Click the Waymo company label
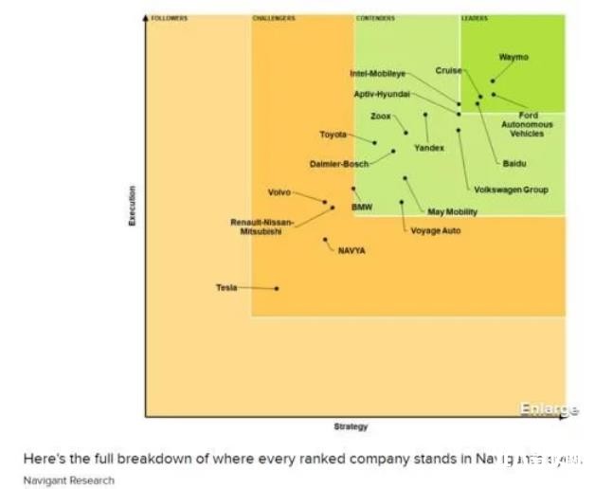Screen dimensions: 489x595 click(x=513, y=58)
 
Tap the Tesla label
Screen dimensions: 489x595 click(x=226, y=287)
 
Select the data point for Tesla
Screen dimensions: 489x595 click(x=277, y=288)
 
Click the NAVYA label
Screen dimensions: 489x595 click(x=352, y=250)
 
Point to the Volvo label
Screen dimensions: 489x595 click(x=279, y=192)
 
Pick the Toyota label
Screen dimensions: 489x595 click(x=334, y=135)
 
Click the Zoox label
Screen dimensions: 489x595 click(x=380, y=116)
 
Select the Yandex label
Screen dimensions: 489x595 click(x=428, y=148)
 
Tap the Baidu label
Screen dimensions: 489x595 click(x=514, y=163)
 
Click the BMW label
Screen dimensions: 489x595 click(x=362, y=207)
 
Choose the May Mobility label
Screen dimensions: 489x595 click(x=452, y=211)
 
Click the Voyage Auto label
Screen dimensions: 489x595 click(x=435, y=230)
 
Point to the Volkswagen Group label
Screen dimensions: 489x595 click(x=511, y=190)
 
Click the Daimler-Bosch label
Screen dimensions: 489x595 click(x=338, y=164)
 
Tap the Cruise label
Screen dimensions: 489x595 click(x=448, y=70)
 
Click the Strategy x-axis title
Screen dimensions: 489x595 click(x=351, y=426)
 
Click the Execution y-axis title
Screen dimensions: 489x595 click(x=133, y=205)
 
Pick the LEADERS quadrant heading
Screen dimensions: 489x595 click(x=474, y=18)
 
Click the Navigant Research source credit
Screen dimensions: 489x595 click(x=68, y=480)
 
